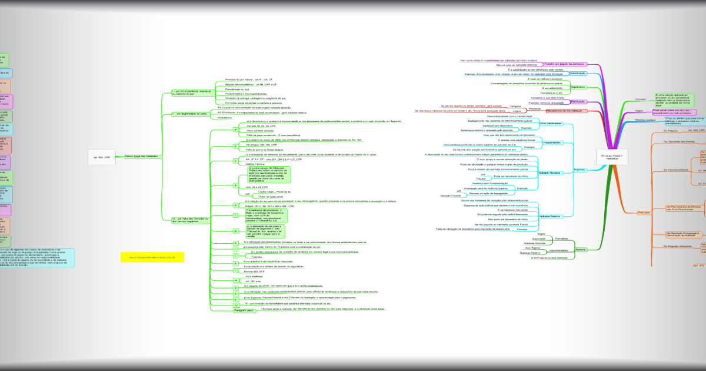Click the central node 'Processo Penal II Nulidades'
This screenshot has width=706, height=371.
612,157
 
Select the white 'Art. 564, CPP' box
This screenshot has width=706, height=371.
101,157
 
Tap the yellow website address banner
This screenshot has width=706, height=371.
152,257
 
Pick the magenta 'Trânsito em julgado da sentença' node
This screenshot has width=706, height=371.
564,64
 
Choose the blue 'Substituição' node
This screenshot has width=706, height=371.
578,74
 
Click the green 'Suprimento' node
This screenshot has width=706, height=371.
578,87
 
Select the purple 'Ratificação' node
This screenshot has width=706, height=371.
578,102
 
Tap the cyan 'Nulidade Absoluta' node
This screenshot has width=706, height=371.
551,173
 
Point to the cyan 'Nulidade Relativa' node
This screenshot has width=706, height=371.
551,217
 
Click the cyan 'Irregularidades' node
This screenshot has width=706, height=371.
552,143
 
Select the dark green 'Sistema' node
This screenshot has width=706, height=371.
581,250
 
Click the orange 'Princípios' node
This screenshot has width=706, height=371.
644,213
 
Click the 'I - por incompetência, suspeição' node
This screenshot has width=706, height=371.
192,92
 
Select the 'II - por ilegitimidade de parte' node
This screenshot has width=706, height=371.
190,114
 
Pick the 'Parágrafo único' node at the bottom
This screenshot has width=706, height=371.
244,310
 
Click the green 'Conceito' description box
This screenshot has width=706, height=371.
674,100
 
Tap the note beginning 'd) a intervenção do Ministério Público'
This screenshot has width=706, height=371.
265,175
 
